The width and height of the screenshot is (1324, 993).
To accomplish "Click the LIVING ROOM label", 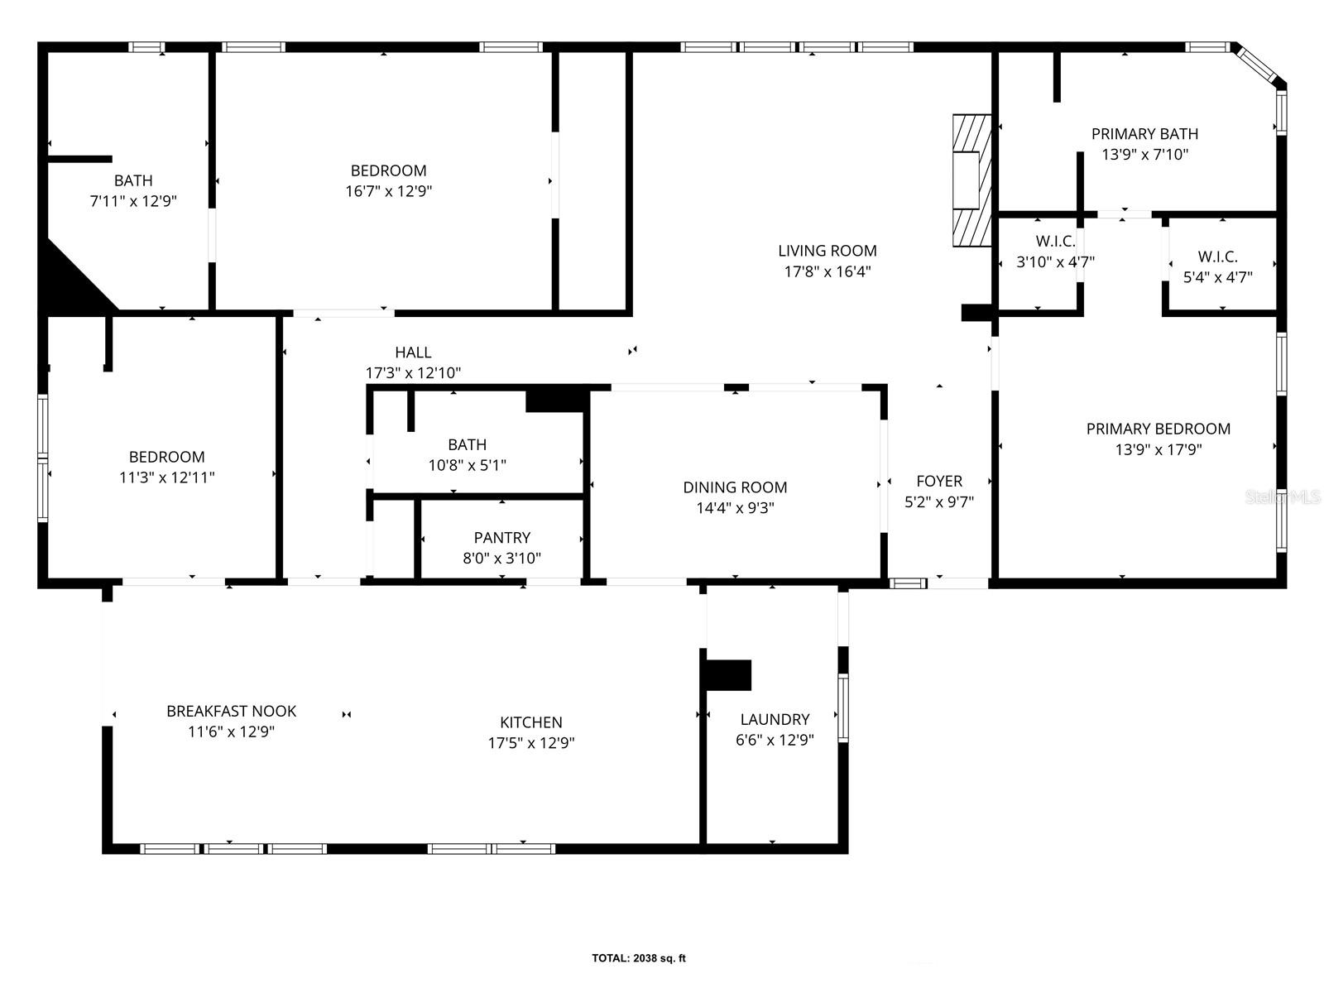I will click(x=827, y=251).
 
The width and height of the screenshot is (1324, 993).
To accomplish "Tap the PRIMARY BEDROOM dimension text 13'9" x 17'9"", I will click(x=1158, y=449).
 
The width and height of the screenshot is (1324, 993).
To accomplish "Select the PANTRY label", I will click(x=501, y=538).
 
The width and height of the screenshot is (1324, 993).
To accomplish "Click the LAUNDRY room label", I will click(x=775, y=719).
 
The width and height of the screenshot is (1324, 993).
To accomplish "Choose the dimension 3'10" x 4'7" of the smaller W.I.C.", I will click(x=1055, y=262).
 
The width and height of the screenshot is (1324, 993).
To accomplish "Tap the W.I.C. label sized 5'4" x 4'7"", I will click(x=1217, y=257).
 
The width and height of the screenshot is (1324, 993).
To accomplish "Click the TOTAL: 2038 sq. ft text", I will click(x=638, y=958).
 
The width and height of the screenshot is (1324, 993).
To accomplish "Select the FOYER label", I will click(x=939, y=481).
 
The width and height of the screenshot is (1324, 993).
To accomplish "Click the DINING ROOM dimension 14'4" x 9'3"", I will click(x=735, y=508).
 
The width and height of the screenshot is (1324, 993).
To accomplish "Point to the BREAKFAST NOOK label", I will click(x=231, y=711).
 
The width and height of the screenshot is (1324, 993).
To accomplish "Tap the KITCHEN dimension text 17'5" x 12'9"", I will click(x=530, y=743).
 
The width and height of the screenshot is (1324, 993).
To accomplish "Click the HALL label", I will click(x=413, y=353).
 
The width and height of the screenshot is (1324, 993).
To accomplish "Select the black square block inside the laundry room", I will click(x=729, y=674).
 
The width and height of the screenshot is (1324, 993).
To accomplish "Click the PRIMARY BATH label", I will click(x=1144, y=134).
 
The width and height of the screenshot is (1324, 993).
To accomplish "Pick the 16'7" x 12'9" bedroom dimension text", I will click(x=388, y=191).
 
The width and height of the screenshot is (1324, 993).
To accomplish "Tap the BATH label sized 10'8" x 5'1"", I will click(x=467, y=444).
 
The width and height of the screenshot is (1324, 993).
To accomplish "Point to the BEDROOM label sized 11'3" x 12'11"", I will click(x=166, y=457).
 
